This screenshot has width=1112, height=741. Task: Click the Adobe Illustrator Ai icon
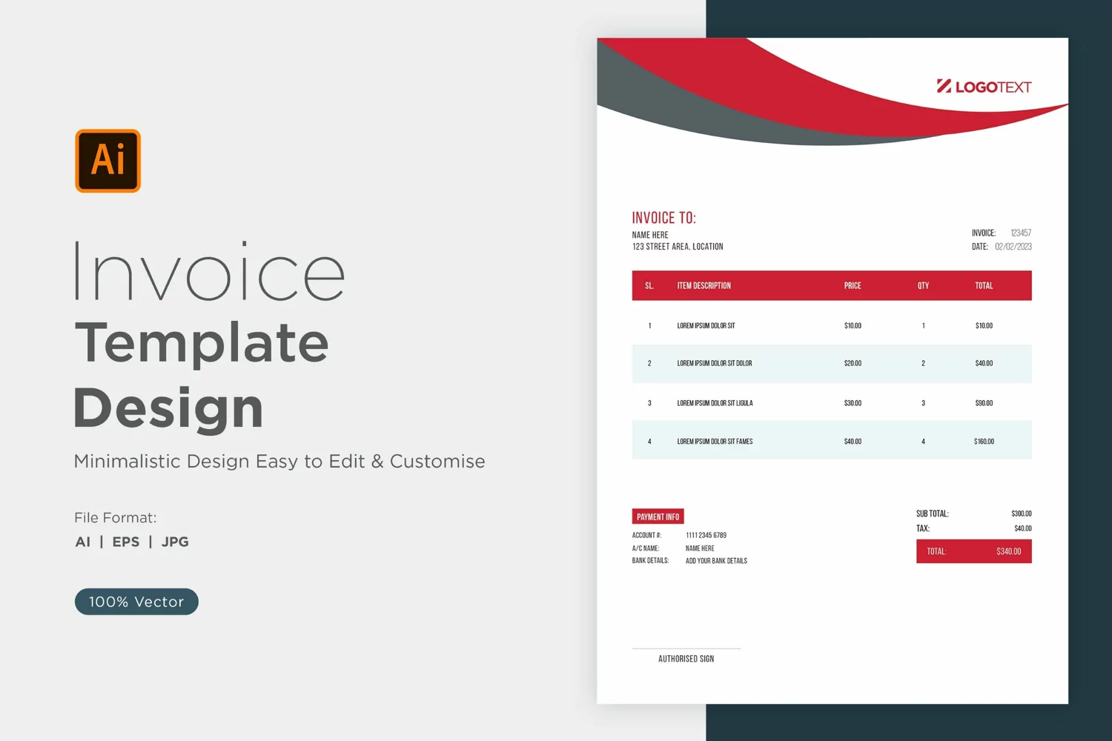click(107, 161)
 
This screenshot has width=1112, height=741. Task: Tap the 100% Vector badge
click(136, 602)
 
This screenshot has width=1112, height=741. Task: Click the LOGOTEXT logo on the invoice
click(984, 87)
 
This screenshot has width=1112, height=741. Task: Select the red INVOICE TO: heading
click(663, 218)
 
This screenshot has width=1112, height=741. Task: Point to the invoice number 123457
click(1021, 233)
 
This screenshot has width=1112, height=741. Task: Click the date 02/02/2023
click(1013, 247)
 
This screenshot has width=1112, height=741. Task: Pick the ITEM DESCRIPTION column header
click(704, 286)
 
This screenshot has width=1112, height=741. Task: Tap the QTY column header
click(923, 286)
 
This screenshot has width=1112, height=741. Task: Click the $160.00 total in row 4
click(984, 441)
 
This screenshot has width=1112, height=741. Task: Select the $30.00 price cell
click(853, 403)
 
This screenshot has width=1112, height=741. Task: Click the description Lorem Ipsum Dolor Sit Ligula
click(715, 403)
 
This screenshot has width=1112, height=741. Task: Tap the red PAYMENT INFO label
click(658, 516)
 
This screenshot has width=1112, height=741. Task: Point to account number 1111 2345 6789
click(706, 535)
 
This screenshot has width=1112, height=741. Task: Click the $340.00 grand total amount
click(1009, 551)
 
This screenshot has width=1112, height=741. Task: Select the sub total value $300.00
click(1021, 514)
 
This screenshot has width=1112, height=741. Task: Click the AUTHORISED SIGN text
click(686, 659)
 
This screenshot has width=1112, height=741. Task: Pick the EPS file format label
click(125, 542)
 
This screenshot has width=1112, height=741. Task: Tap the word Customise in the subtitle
click(437, 461)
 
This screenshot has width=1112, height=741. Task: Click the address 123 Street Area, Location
click(678, 247)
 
